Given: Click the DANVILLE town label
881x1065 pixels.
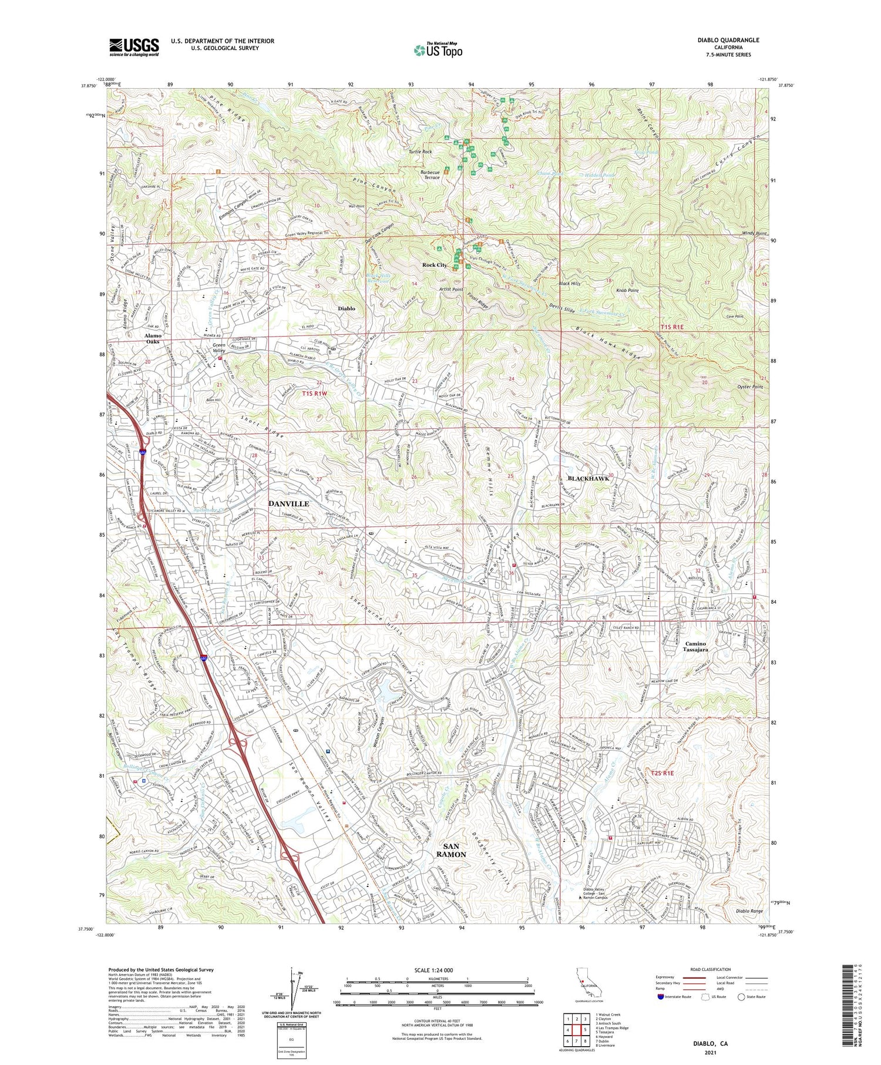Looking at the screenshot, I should (x=288, y=504).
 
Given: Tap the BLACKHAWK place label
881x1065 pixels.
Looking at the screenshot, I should (x=587, y=478).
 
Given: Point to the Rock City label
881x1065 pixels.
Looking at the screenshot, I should (x=435, y=265).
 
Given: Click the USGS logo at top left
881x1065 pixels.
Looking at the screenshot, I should (x=134, y=47).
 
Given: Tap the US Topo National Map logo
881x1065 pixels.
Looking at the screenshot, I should (x=438, y=50).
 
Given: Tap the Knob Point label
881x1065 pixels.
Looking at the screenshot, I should (x=628, y=290).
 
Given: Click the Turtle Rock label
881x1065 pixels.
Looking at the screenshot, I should (x=421, y=152).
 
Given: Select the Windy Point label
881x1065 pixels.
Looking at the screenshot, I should (x=754, y=234).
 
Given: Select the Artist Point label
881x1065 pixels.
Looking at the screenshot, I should (x=450, y=290).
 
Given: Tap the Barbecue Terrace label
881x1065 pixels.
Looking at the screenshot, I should (x=430, y=174).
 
